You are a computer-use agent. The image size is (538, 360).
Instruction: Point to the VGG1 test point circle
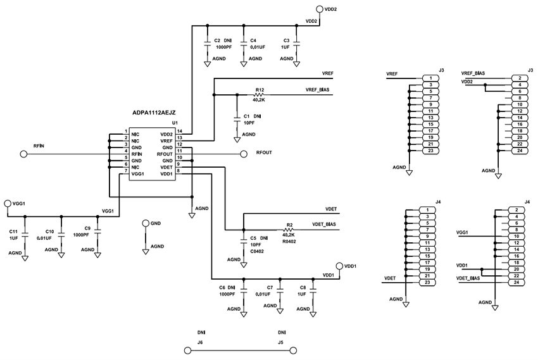[x=8, y=203]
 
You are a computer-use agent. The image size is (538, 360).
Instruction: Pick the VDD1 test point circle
[x=339, y=266]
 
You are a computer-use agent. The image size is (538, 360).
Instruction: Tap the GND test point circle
[x=146, y=223]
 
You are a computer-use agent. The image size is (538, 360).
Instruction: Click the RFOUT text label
[x=265, y=153]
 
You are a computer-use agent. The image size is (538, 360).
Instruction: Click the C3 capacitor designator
[x=286, y=40]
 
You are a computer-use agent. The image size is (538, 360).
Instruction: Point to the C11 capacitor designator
[x=13, y=232]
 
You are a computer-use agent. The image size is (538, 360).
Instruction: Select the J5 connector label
[x=280, y=342]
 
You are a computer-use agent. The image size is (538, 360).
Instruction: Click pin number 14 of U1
[x=180, y=131]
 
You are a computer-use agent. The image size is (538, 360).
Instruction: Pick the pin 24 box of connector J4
[x=517, y=282]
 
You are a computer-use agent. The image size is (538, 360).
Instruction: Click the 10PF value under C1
[x=250, y=123]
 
